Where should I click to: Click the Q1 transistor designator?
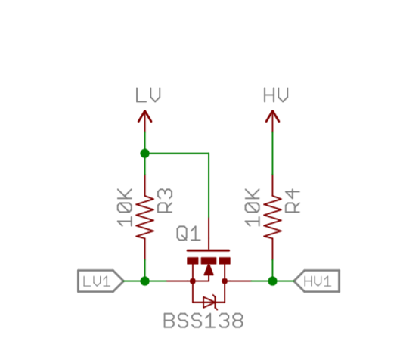point(188,234)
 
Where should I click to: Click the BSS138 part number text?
point(203,321)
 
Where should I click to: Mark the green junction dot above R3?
point(144,153)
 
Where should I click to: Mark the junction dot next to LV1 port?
point(144,281)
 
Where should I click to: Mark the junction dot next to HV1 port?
point(272,281)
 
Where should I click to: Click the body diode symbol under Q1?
point(208,301)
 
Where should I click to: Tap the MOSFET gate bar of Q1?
point(208,252)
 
